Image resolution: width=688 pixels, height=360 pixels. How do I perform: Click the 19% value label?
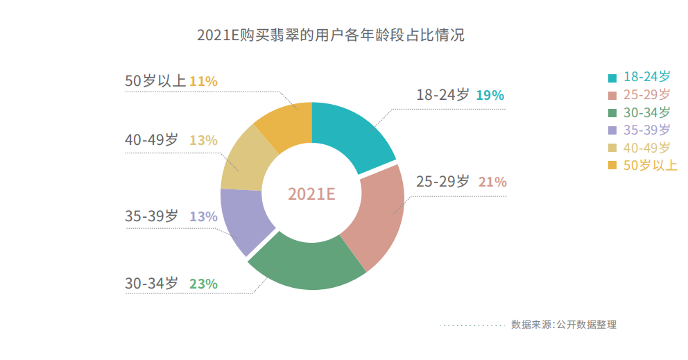coord(490,95)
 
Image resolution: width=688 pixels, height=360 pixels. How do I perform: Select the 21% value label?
coord(492,182)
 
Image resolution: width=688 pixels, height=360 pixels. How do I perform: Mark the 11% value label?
coord(203,81)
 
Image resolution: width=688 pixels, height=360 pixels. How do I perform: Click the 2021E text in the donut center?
coord(311,194)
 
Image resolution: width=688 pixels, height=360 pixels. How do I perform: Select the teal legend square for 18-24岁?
coord(612,77)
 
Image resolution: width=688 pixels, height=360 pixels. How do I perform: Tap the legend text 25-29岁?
coord(647,94)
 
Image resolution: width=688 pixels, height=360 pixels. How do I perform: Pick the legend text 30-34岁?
coord(647,112)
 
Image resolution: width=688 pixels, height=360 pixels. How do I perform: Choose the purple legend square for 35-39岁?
coord(612,130)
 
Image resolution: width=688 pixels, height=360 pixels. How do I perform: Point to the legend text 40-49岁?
coord(647,147)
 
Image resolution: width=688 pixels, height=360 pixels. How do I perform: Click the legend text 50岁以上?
coord(651,165)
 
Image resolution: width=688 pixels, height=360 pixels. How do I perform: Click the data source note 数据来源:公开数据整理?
coord(563,325)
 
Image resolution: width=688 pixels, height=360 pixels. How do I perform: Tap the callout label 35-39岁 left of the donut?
coord(151,216)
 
